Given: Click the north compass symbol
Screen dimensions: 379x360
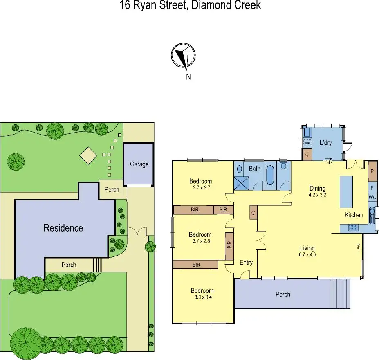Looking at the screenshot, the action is (x=183, y=56).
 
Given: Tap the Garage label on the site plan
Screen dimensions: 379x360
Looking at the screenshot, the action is (x=139, y=164).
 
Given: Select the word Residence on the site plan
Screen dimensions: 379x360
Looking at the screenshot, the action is (x=63, y=228).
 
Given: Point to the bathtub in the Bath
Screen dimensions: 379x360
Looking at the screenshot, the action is (x=271, y=175).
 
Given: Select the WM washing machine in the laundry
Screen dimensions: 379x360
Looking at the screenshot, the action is (x=307, y=142).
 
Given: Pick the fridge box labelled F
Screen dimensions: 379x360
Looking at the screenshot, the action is (x=372, y=188).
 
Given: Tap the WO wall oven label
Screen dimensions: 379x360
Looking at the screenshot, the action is (x=372, y=198).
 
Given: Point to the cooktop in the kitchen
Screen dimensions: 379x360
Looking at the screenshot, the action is (x=352, y=228).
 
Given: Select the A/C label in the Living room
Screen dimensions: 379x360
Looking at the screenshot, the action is (x=358, y=247).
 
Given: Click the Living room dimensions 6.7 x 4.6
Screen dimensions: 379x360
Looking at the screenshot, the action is (x=307, y=254).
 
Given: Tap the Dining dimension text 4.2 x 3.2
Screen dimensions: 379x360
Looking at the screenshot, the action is (x=317, y=195).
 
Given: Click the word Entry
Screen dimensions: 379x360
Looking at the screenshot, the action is (x=246, y=263).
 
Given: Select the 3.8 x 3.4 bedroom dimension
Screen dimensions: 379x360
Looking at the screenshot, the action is (x=202, y=297).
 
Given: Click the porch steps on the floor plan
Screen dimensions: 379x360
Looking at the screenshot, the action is (x=340, y=293).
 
